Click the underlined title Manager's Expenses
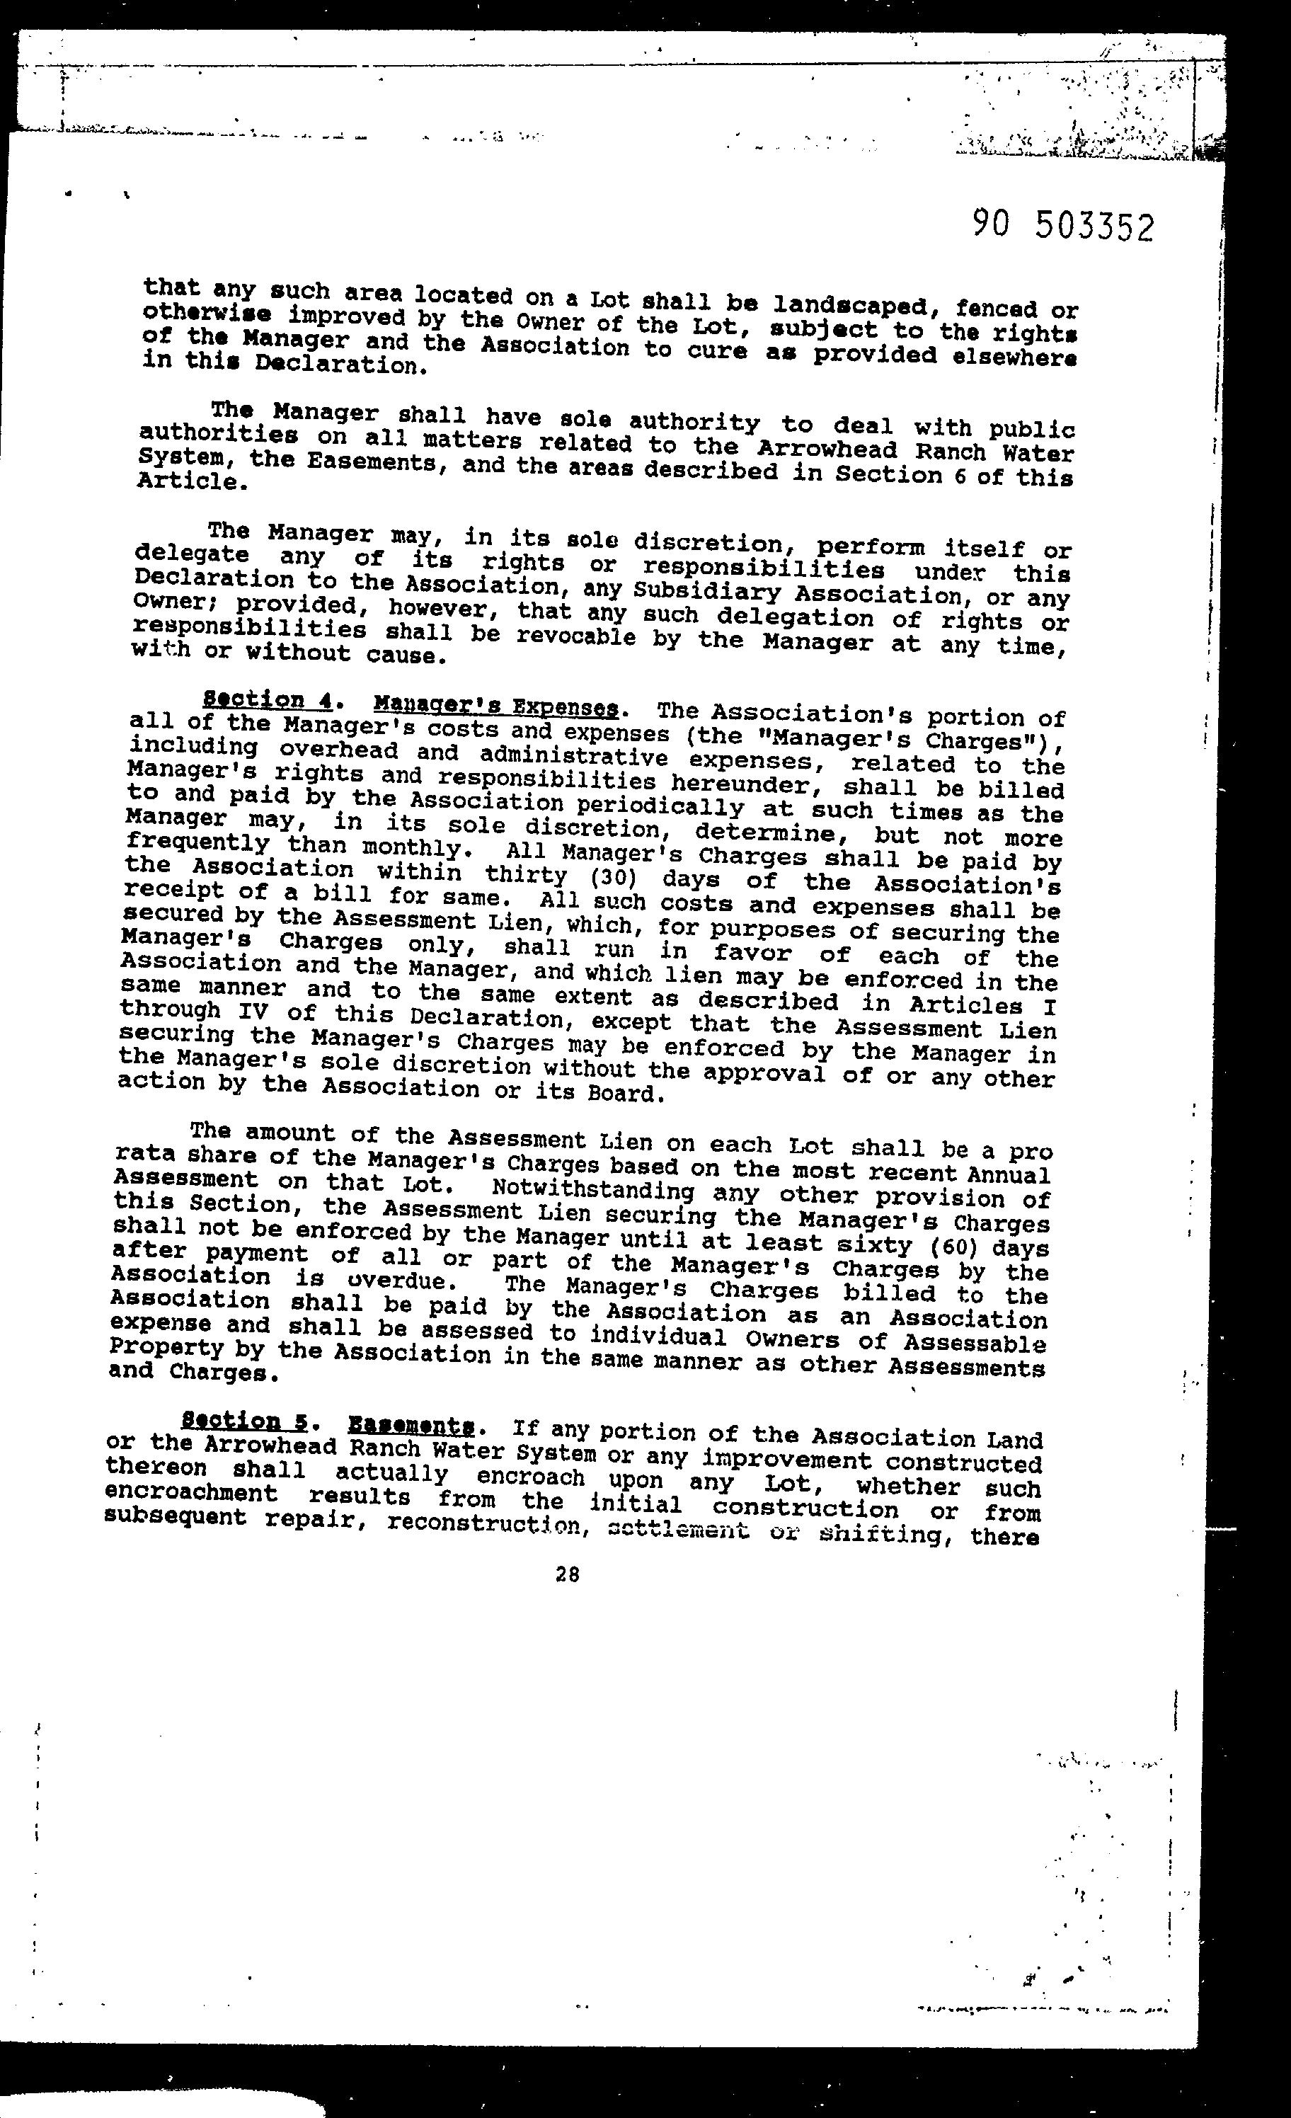tap(496, 706)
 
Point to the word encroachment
tap(191, 1493)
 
